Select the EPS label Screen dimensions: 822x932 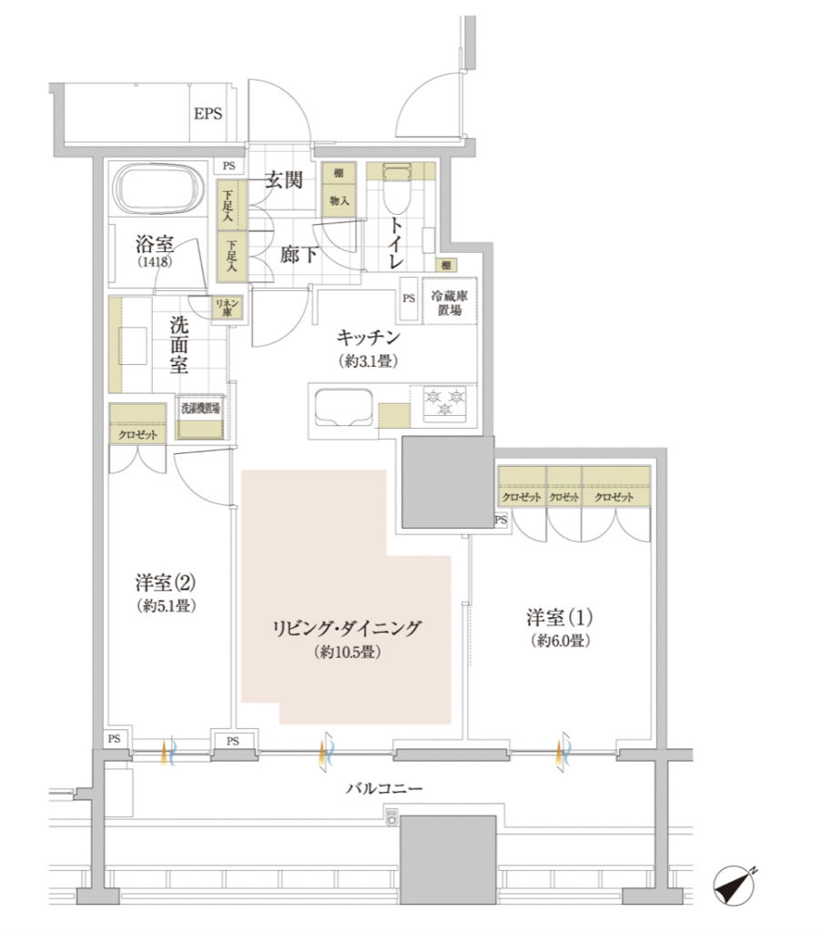208,113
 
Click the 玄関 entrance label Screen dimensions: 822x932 283,179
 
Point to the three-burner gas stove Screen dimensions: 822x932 445,404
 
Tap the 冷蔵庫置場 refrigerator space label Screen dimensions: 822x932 450,303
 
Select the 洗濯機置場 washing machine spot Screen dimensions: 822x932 200,417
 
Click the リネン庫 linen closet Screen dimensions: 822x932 227,308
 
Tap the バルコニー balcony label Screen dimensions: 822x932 384,789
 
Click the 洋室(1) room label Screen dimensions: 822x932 559,618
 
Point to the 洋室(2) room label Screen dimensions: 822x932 166,583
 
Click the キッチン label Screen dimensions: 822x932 369,338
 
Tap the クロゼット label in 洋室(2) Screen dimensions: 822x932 137,434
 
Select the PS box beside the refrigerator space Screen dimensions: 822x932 409,299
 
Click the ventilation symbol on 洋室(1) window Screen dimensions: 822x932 563,753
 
